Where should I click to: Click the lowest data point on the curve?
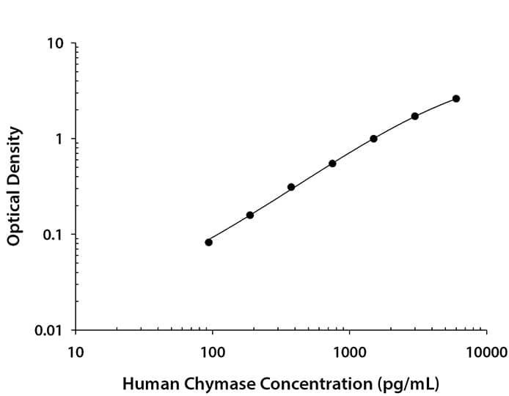208,242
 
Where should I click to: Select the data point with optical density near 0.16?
250,215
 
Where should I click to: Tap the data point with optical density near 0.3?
291,187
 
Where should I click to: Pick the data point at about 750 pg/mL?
332,164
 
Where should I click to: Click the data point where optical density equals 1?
373,139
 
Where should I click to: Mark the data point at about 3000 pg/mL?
415,116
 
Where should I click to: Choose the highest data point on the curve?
456,98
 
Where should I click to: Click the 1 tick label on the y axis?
62,139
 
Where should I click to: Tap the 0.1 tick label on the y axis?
56,235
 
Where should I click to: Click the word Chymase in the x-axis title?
210,383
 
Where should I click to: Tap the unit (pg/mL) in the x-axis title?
408,383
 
